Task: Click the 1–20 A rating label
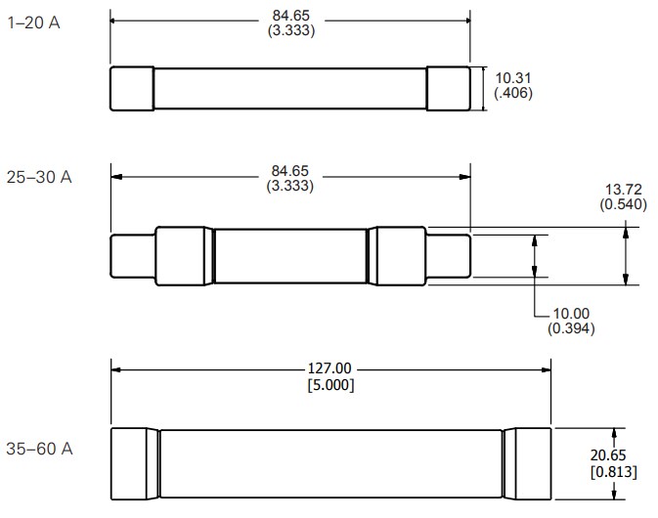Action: pyautogui.click(x=33, y=22)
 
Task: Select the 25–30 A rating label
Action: pyautogui.click(x=39, y=178)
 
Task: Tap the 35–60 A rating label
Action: pyautogui.click(x=39, y=450)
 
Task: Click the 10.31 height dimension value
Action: pyautogui.click(x=513, y=78)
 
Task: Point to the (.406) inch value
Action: pyautogui.click(x=513, y=94)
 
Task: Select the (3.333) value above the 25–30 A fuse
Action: pyautogui.click(x=290, y=186)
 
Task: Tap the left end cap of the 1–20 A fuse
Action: pyautogui.click(x=131, y=89)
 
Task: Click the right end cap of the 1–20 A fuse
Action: pyautogui.click(x=449, y=89)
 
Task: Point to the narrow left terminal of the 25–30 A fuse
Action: pyautogui.click(x=132, y=258)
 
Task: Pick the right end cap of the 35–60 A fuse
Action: pyautogui.click(x=529, y=464)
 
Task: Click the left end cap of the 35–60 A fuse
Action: pyautogui.click(x=135, y=464)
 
